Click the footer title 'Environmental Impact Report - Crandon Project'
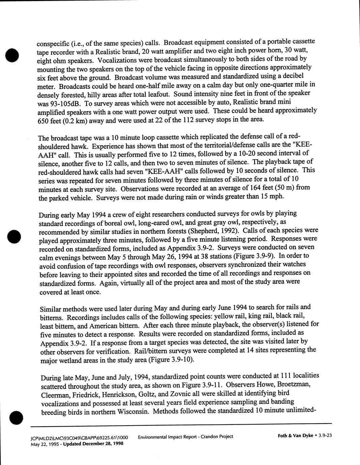tap(185, 437)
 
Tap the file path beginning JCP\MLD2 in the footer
tap(79, 438)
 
